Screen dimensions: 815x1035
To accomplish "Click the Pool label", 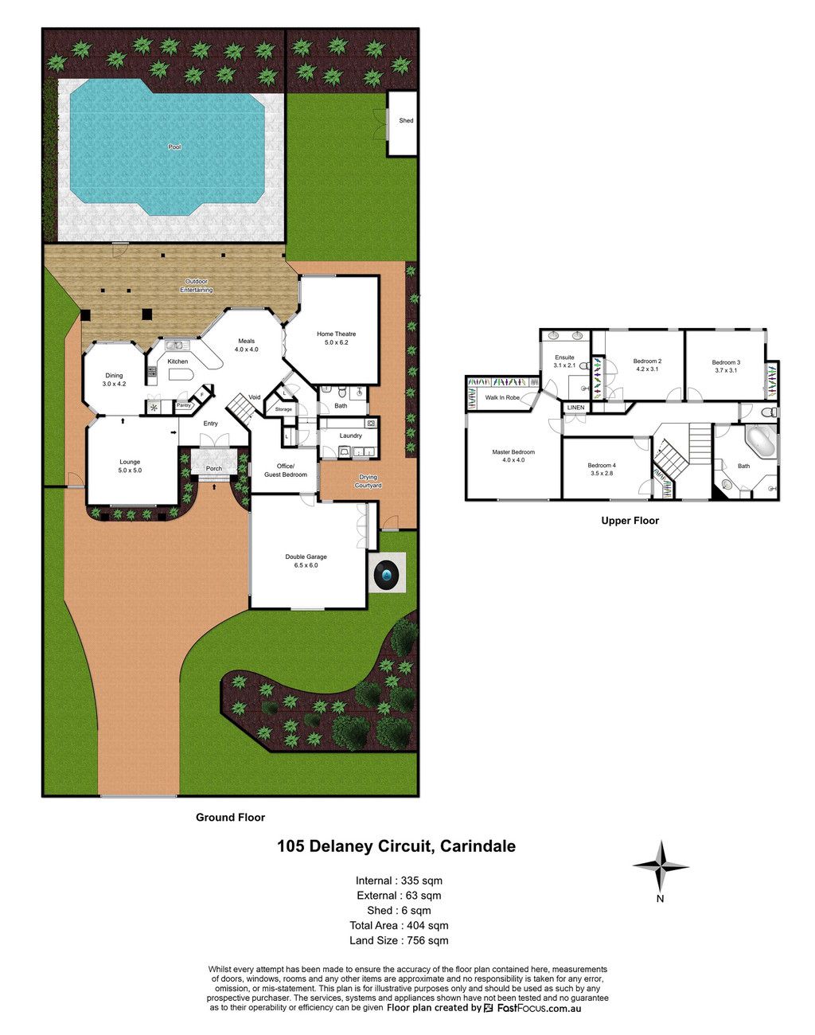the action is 174,146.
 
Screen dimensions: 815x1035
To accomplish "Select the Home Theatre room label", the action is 336,334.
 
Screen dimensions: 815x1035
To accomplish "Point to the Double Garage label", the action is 306,557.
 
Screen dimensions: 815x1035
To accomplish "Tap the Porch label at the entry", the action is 214,468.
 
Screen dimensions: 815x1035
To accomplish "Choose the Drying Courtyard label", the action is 369,481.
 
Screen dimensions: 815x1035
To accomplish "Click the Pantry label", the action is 183,405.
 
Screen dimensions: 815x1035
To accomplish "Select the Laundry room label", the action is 350,435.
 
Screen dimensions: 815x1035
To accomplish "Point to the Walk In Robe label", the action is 502,398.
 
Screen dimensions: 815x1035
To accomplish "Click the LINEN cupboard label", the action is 575,408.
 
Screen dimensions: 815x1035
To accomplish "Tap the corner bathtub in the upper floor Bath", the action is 760,439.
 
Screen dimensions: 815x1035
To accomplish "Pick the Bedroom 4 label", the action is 602,465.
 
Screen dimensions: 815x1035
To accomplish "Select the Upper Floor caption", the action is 630,521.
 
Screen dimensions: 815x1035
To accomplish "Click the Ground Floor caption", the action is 230,817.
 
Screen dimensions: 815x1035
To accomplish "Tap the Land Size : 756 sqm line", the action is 399,940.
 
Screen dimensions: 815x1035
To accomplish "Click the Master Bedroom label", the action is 513,452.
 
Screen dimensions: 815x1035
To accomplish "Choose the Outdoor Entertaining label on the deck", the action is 196,286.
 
